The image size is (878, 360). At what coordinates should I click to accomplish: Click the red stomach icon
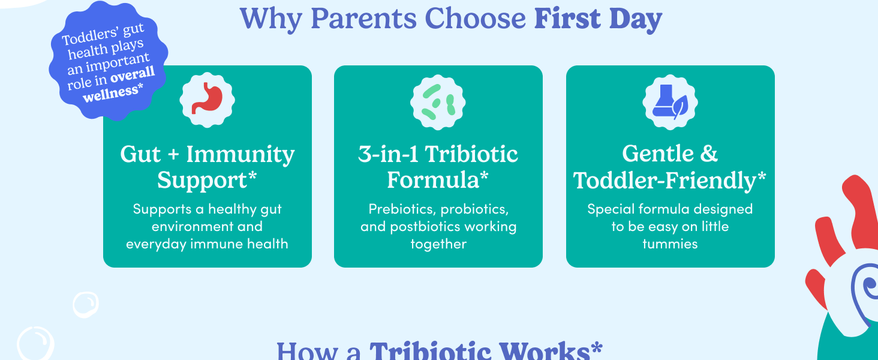[207, 98]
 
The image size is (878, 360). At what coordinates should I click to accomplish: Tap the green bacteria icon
[438, 102]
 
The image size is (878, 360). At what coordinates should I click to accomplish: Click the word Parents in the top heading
[363, 18]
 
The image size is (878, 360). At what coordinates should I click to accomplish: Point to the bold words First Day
[598, 19]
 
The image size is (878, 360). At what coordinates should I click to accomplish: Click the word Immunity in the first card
[240, 155]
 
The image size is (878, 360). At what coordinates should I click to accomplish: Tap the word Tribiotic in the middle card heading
[471, 154]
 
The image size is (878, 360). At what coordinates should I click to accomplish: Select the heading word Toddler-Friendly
[664, 181]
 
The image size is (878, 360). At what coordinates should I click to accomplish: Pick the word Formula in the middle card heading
[433, 180]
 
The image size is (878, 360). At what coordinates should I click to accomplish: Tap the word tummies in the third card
[670, 244]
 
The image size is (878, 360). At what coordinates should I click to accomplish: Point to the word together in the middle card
[438, 244]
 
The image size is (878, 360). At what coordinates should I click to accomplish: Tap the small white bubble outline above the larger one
[85, 305]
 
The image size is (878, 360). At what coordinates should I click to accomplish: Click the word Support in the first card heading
[202, 181]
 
